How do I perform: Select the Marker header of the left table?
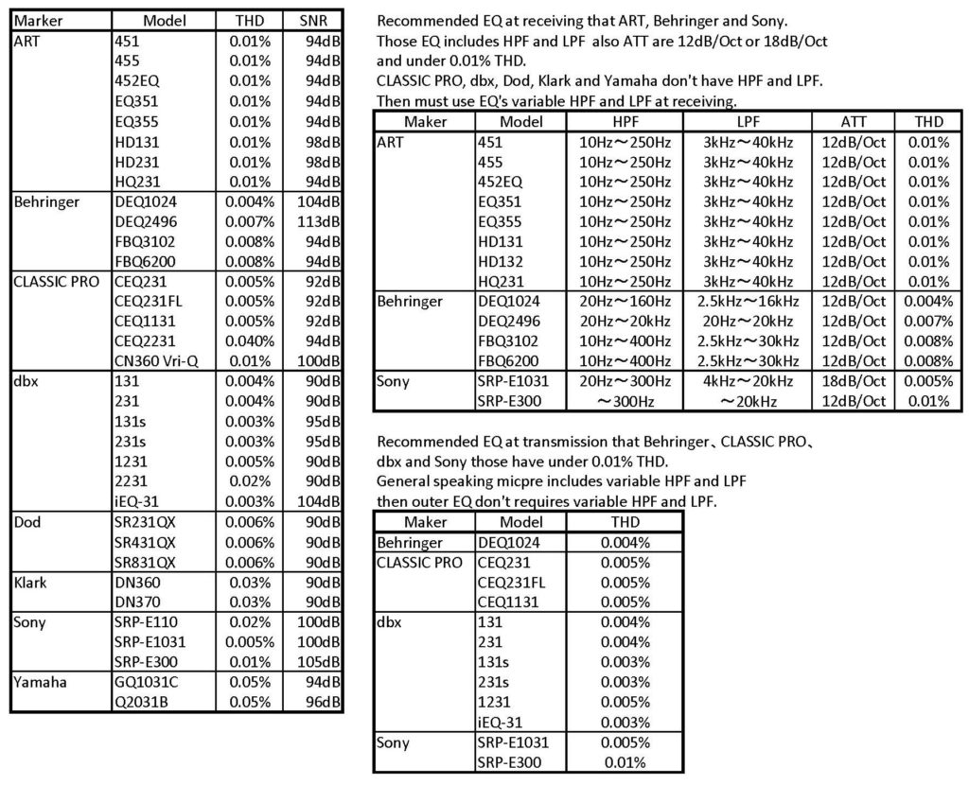35,21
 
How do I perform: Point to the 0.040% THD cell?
249,340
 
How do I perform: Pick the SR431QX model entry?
145,542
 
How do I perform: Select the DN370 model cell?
134,602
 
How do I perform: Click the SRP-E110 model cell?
145,621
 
